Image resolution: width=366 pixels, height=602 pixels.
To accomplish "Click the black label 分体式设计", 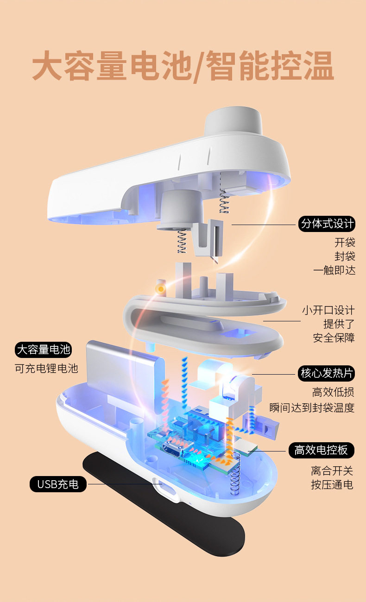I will tap(328, 225).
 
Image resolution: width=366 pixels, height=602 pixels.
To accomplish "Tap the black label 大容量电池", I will tap(44, 350).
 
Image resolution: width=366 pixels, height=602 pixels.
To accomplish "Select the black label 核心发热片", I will tap(327, 373).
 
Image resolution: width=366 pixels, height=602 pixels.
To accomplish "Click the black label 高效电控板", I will tap(322, 450).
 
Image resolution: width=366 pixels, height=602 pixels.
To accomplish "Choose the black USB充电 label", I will tap(58, 484).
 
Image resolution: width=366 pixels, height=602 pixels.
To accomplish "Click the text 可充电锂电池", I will tap(47, 369).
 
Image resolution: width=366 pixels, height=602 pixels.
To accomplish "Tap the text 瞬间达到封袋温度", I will tap(312, 408).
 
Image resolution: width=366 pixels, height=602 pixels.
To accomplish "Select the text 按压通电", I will tap(332, 485).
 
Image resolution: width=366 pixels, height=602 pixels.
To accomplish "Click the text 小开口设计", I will tap(328, 310).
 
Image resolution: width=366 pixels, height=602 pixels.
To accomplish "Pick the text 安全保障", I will tap(334, 338).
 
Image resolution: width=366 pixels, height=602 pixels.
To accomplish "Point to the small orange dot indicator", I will tap(161, 289).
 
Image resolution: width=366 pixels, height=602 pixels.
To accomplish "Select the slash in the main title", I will tap(196, 66).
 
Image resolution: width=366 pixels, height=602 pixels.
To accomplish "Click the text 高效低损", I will tap(333, 393).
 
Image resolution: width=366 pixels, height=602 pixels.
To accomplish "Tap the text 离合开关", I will tap(332, 471).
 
